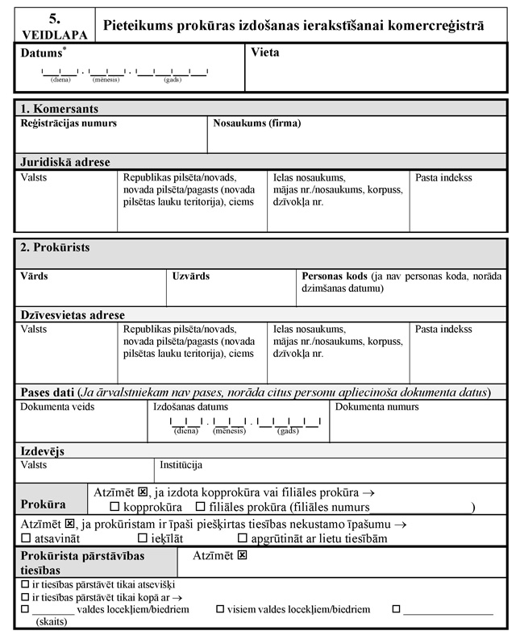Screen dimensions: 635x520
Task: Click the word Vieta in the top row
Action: (265, 53)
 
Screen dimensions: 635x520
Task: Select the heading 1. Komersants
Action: (60, 109)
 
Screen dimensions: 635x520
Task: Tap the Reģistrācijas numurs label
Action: (69, 123)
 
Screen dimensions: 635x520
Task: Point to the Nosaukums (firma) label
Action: (257, 123)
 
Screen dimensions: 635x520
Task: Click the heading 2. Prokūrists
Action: (55, 247)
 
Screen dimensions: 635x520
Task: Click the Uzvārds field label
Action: (191, 276)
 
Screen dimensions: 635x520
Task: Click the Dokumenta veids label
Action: (57, 407)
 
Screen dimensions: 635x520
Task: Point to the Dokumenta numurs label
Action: (377, 407)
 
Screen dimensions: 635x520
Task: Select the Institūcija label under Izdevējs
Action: (181, 465)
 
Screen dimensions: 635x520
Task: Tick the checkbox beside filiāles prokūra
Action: (201, 507)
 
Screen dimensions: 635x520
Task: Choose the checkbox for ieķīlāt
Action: (142, 537)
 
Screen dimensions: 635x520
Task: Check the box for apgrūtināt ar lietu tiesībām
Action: (243, 537)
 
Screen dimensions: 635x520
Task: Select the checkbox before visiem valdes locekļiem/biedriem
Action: (220, 610)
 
